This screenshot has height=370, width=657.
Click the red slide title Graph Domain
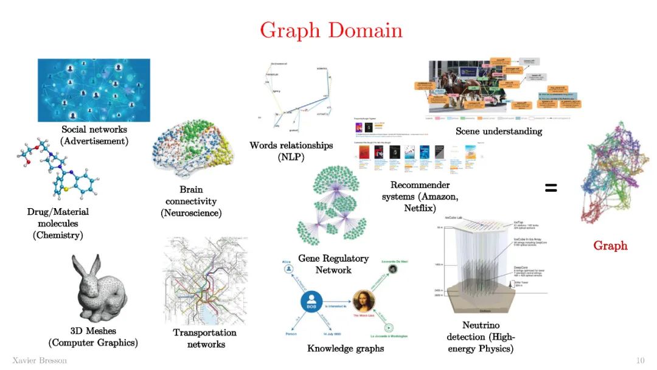[x=331, y=30]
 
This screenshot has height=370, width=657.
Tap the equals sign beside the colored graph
[x=551, y=189]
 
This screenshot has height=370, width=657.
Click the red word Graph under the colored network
[x=610, y=246]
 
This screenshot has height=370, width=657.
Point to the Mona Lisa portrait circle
[x=364, y=301]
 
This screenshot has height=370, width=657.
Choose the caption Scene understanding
[x=498, y=131]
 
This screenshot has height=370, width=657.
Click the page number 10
[x=640, y=361]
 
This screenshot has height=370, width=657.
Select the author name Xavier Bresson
[x=40, y=361]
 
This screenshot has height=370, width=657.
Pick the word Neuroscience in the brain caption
[x=191, y=213]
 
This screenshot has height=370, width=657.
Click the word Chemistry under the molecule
[x=58, y=236]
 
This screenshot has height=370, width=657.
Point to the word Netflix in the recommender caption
[x=420, y=208]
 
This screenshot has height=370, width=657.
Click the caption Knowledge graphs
[x=346, y=349]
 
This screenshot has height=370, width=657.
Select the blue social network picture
[x=94, y=90]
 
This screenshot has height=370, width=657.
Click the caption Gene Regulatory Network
[x=333, y=264]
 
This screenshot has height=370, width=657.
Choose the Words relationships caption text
[x=291, y=145]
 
